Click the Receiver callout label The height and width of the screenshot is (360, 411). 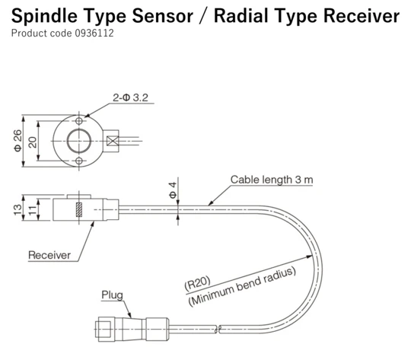point(50,255)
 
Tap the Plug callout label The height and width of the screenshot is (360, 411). point(113,295)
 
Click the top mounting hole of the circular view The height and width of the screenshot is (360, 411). point(79,120)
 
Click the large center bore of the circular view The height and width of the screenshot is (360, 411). point(79,141)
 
